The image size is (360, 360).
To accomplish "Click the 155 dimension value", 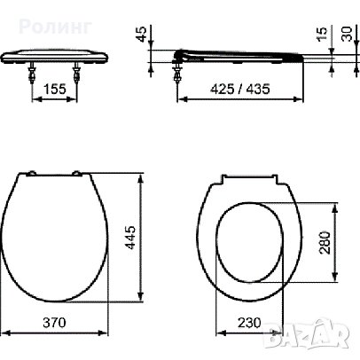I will click(56, 90).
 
